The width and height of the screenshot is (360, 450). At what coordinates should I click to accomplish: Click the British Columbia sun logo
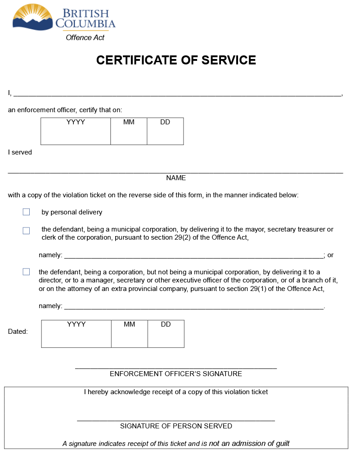pyautogui.click(x=33, y=17)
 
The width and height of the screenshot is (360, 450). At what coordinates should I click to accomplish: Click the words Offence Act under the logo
pyautogui.click(x=85, y=38)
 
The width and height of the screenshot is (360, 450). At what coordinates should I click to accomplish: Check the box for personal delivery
pyautogui.click(x=27, y=212)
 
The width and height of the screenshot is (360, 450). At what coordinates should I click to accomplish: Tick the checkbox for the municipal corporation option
pyautogui.click(x=27, y=231)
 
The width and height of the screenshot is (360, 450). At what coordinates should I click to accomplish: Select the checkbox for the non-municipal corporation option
pyautogui.click(x=27, y=272)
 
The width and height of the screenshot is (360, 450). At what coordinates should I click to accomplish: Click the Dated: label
pyautogui.click(x=18, y=332)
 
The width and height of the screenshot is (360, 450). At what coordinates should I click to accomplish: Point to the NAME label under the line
pyautogui.click(x=176, y=178)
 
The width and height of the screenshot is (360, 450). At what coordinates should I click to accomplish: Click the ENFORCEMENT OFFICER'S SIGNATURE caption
pyautogui.click(x=176, y=374)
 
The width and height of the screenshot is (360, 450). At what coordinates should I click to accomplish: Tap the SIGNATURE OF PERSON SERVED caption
pyautogui.click(x=176, y=426)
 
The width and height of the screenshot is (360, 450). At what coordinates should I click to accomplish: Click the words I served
pyautogui.click(x=20, y=152)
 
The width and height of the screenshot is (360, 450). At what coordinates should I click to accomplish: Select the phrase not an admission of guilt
pyautogui.click(x=249, y=443)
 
